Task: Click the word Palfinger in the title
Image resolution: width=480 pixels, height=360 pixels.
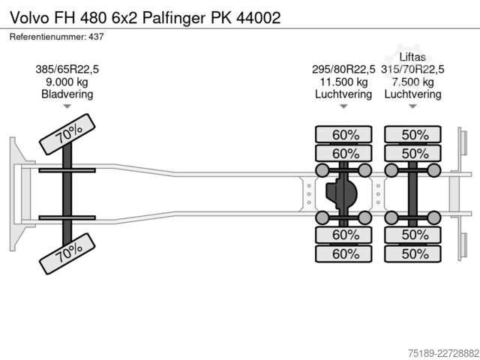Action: click(x=173, y=18)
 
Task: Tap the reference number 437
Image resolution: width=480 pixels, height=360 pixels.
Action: click(x=96, y=37)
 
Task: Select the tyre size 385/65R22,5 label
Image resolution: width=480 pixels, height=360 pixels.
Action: click(x=67, y=70)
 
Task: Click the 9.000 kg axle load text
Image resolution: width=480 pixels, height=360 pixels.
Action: click(x=67, y=82)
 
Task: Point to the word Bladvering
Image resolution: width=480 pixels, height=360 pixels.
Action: click(x=67, y=94)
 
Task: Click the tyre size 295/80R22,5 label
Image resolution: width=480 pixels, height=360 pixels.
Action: click(x=343, y=70)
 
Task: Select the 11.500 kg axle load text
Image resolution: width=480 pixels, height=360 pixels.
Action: click(x=343, y=82)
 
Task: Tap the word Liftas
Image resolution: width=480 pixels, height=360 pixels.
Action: click(x=412, y=57)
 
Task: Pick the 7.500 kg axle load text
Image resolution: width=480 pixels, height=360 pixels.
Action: click(x=413, y=82)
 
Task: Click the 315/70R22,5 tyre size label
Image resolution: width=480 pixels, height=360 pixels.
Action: click(x=412, y=70)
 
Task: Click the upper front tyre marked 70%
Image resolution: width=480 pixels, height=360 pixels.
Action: click(x=67, y=134)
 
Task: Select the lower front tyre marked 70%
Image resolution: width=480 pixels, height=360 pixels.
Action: click(x=67, y=253)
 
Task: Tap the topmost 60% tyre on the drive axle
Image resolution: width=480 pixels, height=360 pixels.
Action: click(x=343, y=134)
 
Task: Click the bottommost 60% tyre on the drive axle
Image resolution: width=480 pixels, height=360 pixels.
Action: click(x=343, y=253)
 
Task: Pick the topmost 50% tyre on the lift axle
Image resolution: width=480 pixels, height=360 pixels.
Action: click(x=413, y=134)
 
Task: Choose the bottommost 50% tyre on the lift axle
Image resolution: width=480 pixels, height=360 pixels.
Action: click(x=413, y=253)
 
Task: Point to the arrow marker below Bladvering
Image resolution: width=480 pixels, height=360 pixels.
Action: click(x=67, y=106)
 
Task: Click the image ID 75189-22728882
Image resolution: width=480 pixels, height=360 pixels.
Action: click(x=443, y=352)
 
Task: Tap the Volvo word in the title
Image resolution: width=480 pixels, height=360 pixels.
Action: click(x=29, y=18)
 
